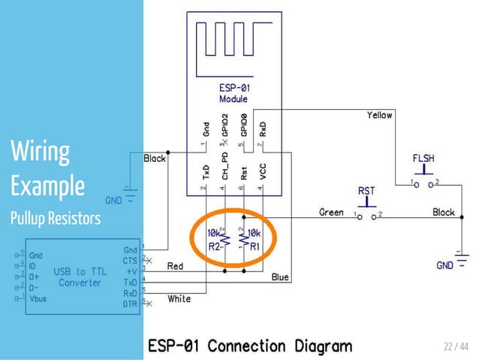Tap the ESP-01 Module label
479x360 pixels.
(233, 94)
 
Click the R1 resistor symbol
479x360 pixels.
(242, 239)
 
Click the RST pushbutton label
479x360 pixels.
(366, 191)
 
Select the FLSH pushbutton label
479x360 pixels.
(423, 159)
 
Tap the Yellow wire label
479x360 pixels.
(379, 115)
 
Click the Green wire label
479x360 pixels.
(331, 212)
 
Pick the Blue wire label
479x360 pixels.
(279, 277)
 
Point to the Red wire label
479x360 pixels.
(175, 266)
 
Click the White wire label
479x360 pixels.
(179, 298)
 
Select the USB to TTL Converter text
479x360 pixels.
(80, 277)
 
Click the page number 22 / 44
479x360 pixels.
(455, 346)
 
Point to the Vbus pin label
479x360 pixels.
(38, 298)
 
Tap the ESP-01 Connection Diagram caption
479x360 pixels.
(249, 346)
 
